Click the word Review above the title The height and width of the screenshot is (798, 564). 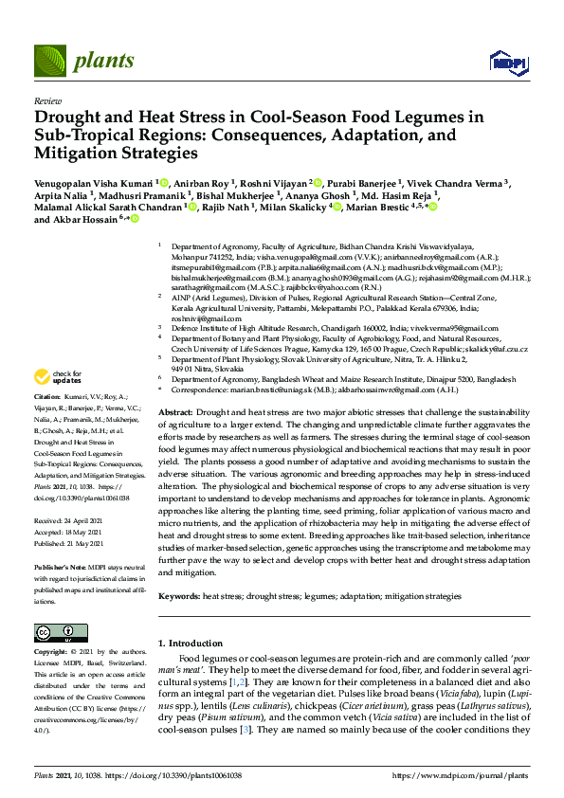pos(46,100)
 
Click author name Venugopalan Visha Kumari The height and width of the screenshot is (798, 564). pos(92,182)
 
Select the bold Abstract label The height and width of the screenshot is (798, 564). pos(174,413)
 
